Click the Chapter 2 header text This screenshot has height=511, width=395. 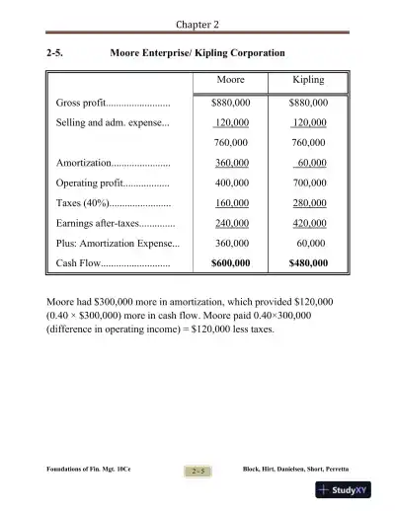pos(197,23)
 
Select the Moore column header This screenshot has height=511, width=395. pos(231,80)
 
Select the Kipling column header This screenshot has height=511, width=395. pos(308,80)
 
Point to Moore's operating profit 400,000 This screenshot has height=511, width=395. pos(232,183)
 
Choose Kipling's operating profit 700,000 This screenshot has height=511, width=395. pos(310,183)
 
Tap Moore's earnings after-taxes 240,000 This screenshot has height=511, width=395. pos(232,224)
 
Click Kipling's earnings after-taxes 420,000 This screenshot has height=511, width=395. pos(310,224)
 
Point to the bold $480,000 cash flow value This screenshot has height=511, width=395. pos(308,264)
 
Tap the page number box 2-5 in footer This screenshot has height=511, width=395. pos(197,471)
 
